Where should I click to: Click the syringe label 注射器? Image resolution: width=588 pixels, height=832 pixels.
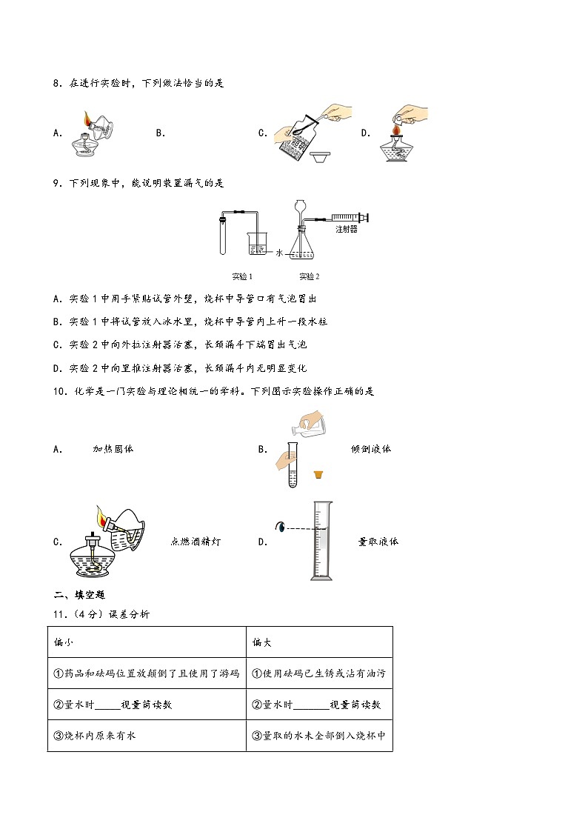(346, 230)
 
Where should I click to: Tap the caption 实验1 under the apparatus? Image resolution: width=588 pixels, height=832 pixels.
(242, 276)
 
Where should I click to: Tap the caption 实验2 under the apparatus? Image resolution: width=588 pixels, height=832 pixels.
(310, 276)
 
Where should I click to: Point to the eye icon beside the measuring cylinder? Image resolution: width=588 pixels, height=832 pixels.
(281, 528)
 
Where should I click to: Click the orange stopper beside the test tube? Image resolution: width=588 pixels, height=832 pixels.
(318, 474)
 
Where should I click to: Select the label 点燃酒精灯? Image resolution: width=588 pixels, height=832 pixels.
(196, 542)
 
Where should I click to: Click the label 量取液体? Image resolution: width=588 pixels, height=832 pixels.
(378, 542)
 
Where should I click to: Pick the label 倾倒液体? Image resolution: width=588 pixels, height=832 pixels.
(371, 449)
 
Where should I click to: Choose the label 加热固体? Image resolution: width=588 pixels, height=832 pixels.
(113, 449)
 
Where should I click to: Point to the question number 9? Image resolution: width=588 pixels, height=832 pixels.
(57, 182)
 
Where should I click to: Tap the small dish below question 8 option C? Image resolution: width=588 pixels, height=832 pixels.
(322, 157)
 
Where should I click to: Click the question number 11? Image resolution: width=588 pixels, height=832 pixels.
(60, 613)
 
